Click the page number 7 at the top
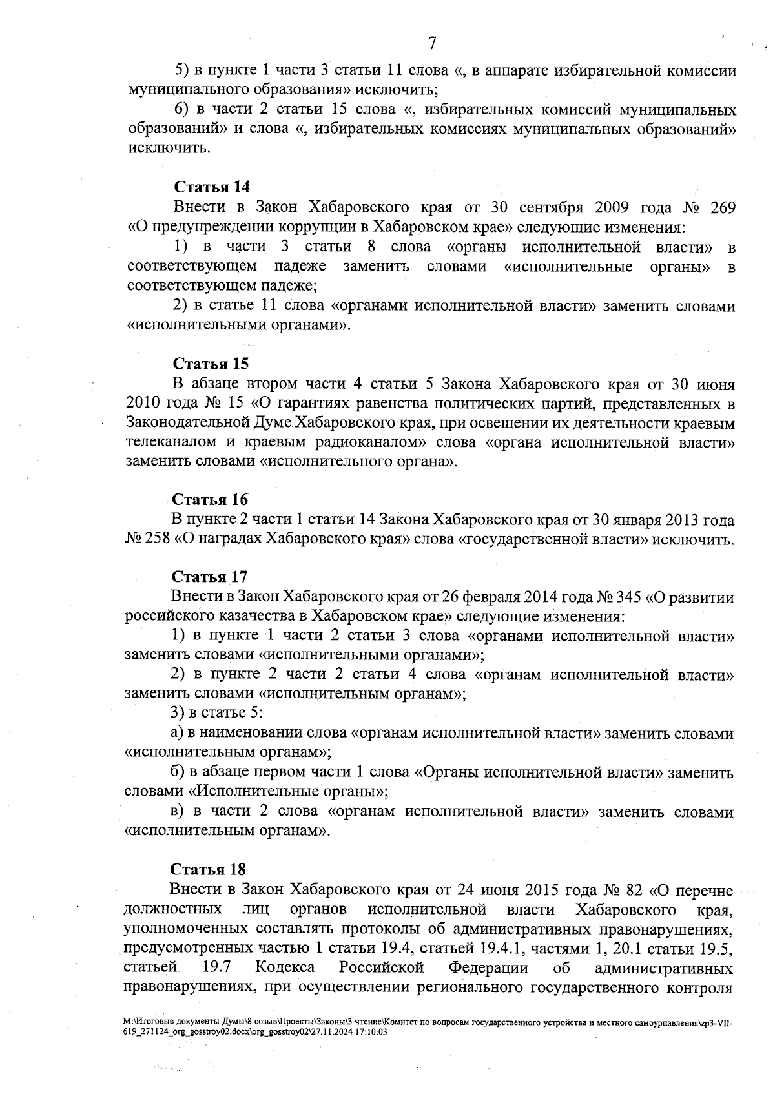pos(432,43)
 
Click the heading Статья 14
pos(211,187)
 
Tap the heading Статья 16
pos(210,500)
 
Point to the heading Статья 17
pos(209,576)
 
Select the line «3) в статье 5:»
pos(215,714)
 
